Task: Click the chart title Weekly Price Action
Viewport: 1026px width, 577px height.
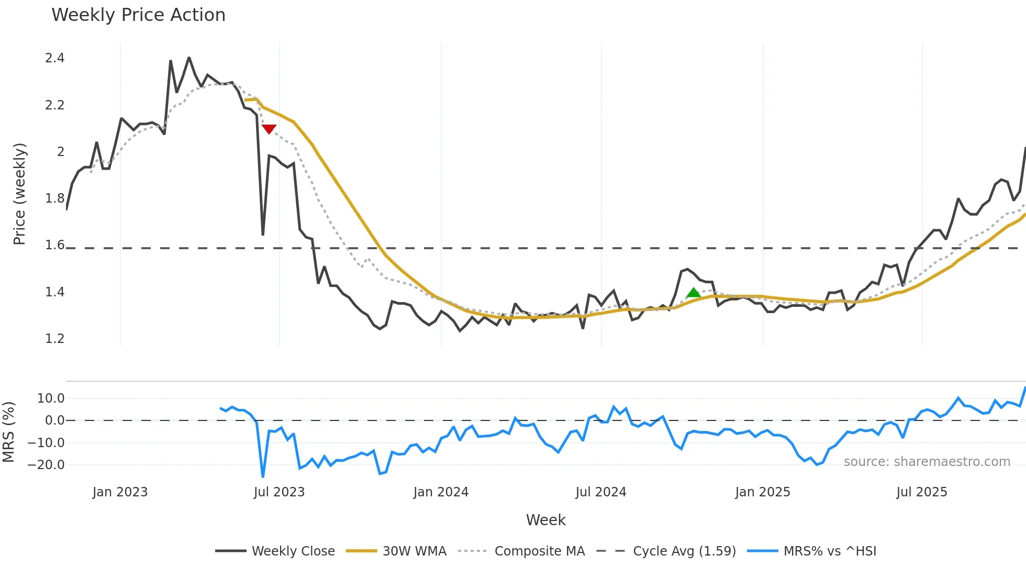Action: (x=138, y=15)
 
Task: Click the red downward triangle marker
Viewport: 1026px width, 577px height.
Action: (x=269, y=129)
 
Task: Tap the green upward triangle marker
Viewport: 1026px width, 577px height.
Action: (x=693, y=293)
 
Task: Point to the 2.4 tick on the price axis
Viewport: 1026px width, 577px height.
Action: (x=55, y=58)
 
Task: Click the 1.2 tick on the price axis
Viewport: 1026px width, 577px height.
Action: (x=55, y=339)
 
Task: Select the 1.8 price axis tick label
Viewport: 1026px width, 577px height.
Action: (x=55, y=198)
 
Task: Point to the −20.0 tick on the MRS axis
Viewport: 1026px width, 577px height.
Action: (x=47, y=465)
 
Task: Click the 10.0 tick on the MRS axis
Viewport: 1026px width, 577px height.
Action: (x=51, y=398)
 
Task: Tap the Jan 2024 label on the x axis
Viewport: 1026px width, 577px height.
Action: (x=441, y=492)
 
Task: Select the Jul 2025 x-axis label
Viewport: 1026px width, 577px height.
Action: (x=921, y=492)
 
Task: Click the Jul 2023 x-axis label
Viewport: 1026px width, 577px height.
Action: (x=279, y=492)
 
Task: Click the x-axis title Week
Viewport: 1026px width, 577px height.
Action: (x=545, y=520)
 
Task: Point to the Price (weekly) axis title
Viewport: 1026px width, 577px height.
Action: (x=19, y=194)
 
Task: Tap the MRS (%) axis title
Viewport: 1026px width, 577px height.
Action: (x=8, y=432)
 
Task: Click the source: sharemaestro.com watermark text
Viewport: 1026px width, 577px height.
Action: (x=927, y=462)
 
